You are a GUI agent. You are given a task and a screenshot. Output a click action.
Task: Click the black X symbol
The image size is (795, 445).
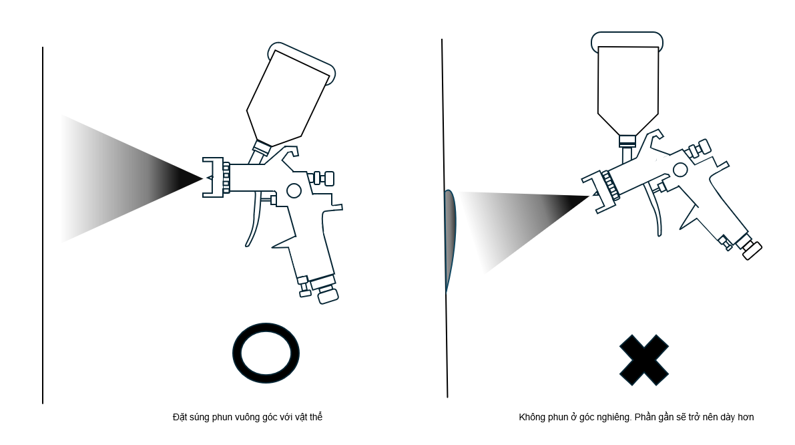point(644,360)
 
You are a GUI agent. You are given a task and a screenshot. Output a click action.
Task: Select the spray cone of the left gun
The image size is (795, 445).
point(131,178)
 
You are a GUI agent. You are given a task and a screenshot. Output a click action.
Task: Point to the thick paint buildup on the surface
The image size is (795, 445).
point(450,239)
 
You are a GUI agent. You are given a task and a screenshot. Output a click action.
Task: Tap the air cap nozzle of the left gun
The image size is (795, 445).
point(214,177)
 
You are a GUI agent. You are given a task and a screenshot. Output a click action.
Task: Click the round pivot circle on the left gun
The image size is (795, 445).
point(294,191)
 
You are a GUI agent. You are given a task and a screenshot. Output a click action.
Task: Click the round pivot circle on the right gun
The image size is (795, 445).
point(680,170)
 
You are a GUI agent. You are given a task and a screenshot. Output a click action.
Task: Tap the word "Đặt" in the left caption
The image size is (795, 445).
point(180,417)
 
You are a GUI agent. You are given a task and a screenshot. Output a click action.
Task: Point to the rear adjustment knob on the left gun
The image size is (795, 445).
point(325,178)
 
